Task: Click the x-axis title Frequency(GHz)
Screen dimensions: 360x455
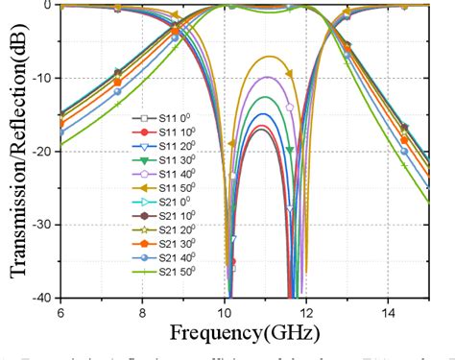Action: [247, 334]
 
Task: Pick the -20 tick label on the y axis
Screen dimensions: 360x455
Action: [41, 151]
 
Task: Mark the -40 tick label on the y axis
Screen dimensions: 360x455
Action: [41, 298]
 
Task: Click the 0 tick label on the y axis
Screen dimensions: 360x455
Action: [48, 5]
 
